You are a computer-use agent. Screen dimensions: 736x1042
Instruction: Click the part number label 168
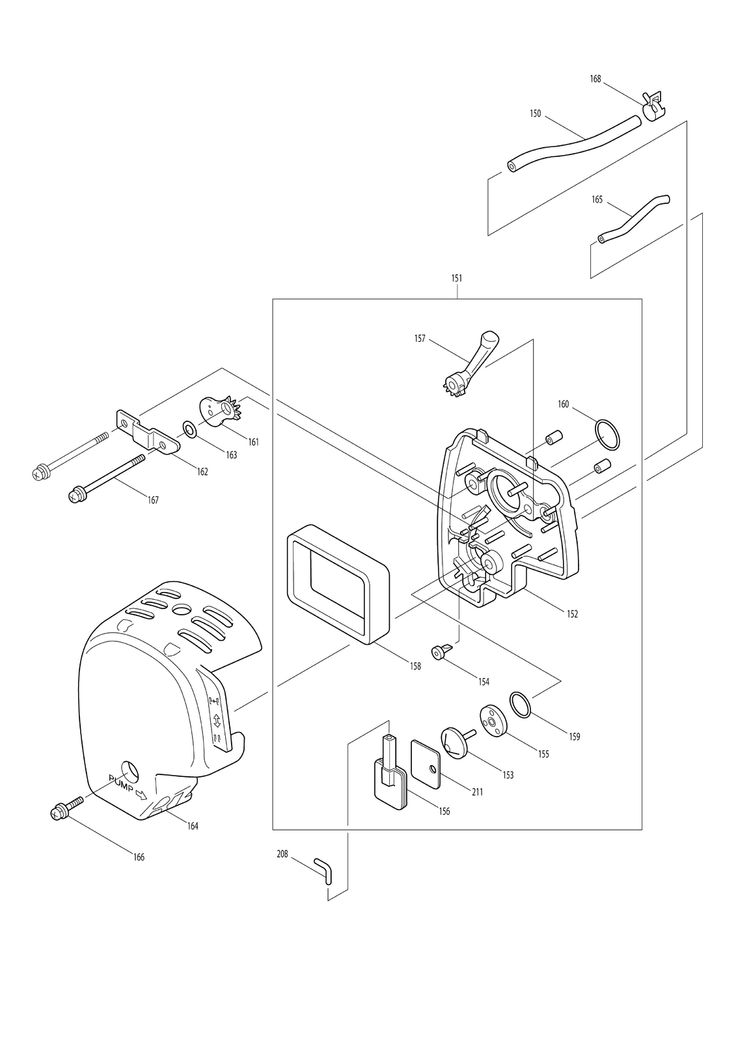595,79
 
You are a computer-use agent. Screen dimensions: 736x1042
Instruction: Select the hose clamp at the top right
653,106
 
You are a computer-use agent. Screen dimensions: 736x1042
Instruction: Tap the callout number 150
535,113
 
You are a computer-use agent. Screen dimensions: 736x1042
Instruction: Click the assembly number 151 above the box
457,278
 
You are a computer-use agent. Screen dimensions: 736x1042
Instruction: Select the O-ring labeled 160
607,435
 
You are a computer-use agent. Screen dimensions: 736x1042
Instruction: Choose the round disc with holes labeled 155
492,720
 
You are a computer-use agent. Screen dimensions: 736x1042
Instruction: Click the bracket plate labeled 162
148,432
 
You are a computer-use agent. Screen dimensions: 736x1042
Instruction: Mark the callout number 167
153,500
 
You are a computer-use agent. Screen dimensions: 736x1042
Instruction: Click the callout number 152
573,614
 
